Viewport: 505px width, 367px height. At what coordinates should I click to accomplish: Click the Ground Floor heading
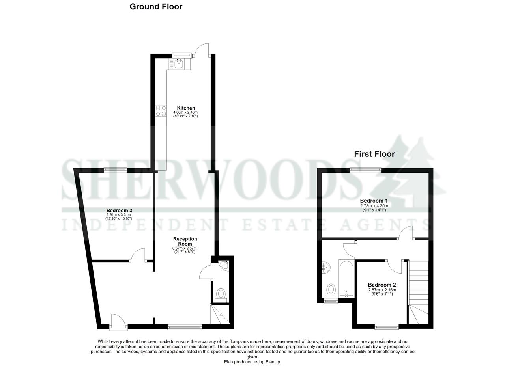(x=156, y=7)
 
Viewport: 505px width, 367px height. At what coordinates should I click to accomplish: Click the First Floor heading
(x=374, y=154)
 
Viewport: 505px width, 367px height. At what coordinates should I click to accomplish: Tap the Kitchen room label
(x=186, y=108)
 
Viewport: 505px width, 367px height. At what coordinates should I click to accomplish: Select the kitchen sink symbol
(x=179, y=63)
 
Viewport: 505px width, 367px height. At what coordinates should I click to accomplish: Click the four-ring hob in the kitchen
(x=161, y=111)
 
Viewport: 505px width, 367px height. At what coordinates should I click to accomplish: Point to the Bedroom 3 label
(x=119, y=210)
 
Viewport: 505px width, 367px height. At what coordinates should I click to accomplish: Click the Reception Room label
(x=185, y=241)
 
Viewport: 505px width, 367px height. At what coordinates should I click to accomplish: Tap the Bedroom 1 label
(x=374, y=201)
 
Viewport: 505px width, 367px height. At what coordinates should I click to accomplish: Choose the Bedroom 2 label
(x=382, y=285)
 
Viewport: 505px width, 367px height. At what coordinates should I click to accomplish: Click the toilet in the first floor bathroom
(x=331, y=290)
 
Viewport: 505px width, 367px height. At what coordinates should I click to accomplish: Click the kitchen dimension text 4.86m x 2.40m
(x=185, y=112)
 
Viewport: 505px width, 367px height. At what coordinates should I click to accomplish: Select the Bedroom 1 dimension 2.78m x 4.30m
(x=374, y=206)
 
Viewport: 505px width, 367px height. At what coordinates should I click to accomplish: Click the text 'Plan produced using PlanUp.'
(x=252, y=362)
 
